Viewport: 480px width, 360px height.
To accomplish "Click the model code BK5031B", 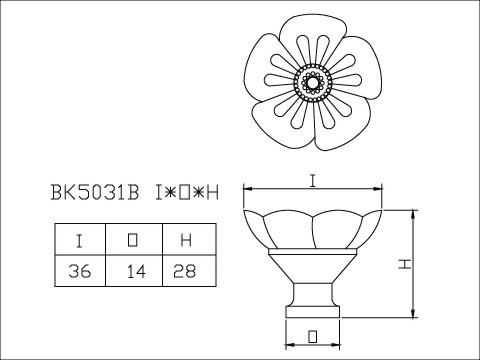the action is (95, 192).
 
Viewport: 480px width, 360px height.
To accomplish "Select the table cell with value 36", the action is (80, 271).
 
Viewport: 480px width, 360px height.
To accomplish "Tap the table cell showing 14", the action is (134, 271).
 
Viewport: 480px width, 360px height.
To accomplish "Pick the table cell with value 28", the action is (189, 271).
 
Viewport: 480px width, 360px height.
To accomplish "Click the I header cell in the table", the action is (80, 240).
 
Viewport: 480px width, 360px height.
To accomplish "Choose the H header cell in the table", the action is (189, 240).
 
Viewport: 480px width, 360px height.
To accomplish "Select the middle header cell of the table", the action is (134, 240).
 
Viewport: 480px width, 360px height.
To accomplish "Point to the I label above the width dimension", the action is (313, 181).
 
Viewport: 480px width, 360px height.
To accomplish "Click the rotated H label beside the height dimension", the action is (405, 264).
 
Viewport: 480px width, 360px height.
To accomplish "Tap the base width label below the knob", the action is (312, 336).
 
